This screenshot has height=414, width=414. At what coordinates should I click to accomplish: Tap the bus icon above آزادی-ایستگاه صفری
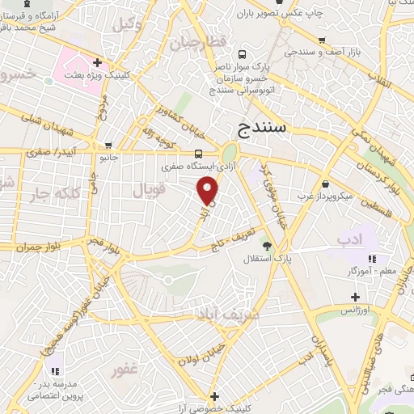click(x=199, y=152)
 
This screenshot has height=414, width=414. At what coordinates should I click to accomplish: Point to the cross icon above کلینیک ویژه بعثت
click(x=97, y=61)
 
